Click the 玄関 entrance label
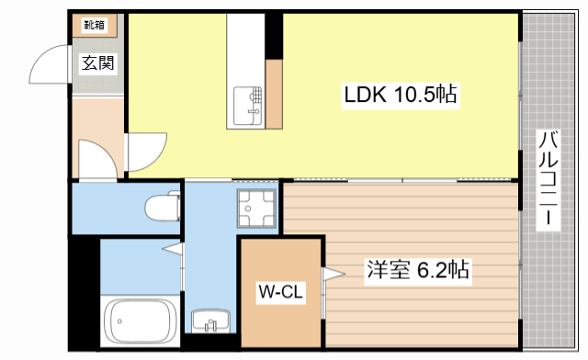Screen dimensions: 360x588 (x=97, y=63)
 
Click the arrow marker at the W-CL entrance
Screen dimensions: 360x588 (x=332, y=273)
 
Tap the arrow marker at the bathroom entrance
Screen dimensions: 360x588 (x=172, y=248)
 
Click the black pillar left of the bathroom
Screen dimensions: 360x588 (x=84, y=294)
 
